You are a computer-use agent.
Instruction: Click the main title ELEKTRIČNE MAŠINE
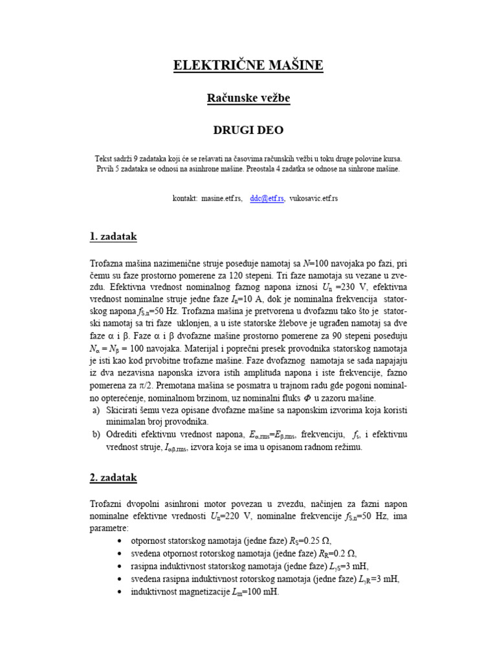[x=248, y=65]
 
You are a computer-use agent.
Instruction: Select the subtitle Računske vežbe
[x=248, y=98]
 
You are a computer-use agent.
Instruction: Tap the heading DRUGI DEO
[x=248, y=130]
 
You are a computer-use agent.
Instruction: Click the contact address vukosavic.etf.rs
[x=313, y=199]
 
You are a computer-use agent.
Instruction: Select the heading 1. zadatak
[x=113, y=237]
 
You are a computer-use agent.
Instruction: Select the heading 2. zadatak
[x=113, y=478]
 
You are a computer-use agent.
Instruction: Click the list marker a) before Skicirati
[x=95, y=410]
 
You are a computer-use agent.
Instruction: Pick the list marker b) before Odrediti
[x=95, y=434]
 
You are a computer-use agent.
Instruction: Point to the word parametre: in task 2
[x=109, y=528]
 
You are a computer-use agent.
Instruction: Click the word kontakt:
[x=186, y=199]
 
